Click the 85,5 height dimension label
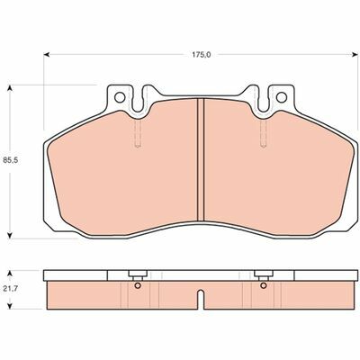[x=11, y=160]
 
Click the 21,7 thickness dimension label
[x=11, y=289]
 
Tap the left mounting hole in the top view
[x=120, y=97]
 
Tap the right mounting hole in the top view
[x=282, y=97]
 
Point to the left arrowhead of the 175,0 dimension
[x=47, y=55]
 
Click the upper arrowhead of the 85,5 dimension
[x=11, y=87]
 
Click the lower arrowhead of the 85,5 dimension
[x=11, y=236]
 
